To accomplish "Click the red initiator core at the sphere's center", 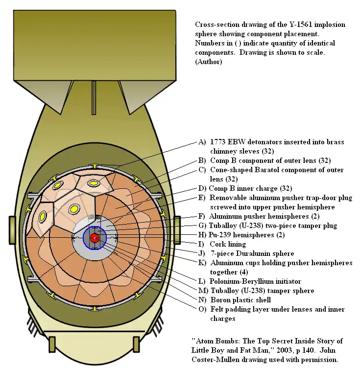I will (95, 238).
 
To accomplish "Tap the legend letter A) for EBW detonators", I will (202, 142).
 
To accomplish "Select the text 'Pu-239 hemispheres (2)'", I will (240, 235).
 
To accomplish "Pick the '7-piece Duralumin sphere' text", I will (252, 253).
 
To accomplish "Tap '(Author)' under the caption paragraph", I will (208, 62).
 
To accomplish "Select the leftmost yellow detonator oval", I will (43, 216).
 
